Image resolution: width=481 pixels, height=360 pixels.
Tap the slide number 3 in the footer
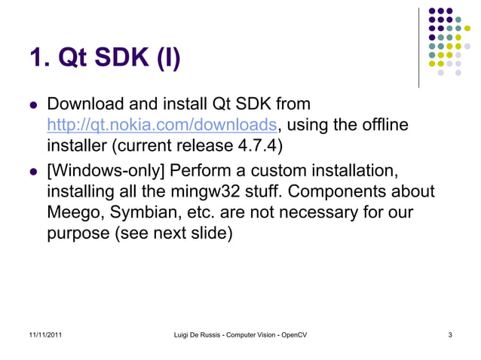pos(449,334)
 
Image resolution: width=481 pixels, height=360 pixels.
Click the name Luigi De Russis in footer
pos(199,334)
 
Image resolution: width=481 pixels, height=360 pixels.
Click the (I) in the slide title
pos(167,59)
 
